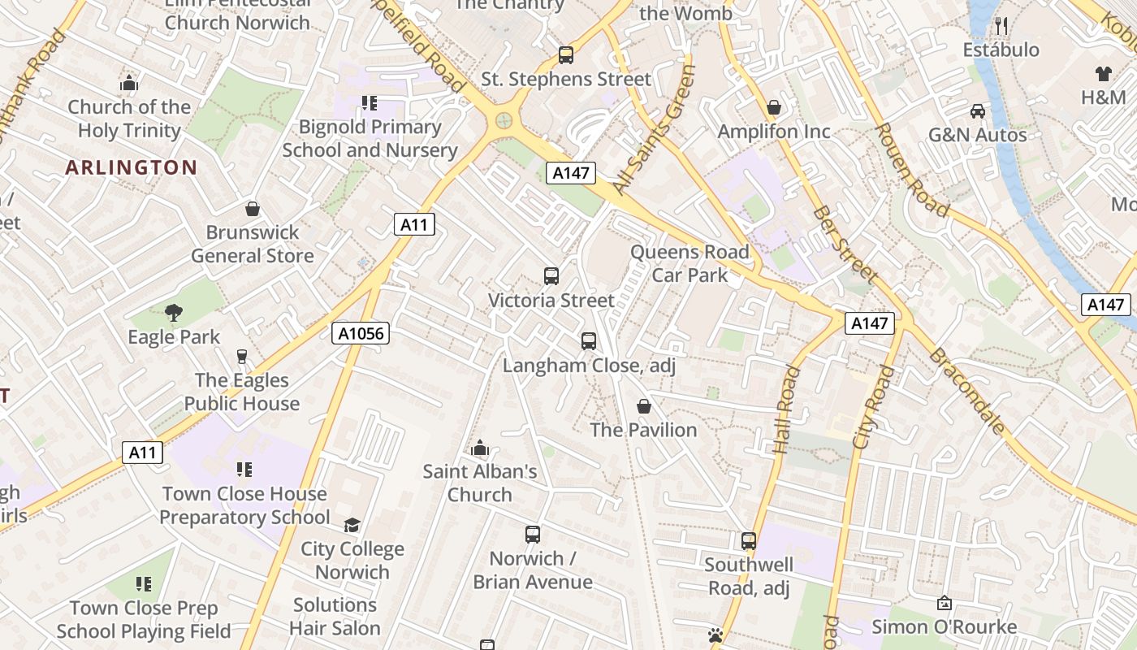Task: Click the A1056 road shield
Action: [361, 332]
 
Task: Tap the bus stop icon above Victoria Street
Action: [551, 276]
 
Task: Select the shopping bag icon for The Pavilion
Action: [644, 405]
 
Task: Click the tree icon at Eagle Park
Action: [173, 313]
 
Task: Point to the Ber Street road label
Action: [845, 245]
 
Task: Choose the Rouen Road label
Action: [913, 171]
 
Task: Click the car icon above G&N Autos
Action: [978, 110]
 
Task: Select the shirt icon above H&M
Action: [1103, 74]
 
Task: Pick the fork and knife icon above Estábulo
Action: [1001, 26]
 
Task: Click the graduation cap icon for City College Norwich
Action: [352, 525]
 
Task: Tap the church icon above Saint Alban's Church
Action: [480, 448]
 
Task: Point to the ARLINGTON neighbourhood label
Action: [132, 167]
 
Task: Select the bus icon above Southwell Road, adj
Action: [748, 540]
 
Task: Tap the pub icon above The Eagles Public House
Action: [241, 356]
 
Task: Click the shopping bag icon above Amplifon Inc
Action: [774, 107]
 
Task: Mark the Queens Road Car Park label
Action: [690, 263]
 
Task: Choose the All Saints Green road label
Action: [655, 130]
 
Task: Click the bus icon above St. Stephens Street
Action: [566, 55]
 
